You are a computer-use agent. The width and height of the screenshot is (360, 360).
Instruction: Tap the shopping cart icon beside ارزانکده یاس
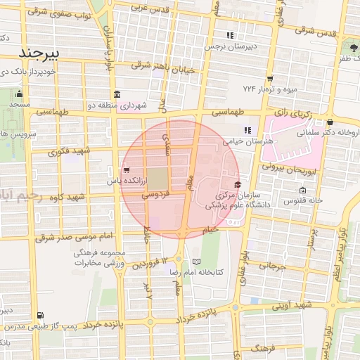pyautogui.click(x=126, y=169)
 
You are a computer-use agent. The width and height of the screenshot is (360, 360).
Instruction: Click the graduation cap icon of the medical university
pyautogui.click(x=237, y=184)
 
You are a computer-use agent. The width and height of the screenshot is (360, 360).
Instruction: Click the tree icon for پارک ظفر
pyautogui.click(x=352, y=48)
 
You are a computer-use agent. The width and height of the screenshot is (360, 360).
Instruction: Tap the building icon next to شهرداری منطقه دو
pyautogui.click(x=116, y=94)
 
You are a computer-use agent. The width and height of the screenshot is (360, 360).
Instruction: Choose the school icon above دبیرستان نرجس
pyautogui.click(x=229, y=35)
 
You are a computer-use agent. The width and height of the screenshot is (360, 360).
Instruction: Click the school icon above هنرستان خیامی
pyautogui.click(x=247, y=130)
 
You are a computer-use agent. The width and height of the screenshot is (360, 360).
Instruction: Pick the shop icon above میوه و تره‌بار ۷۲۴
pyautogui.click(x=270, y=79)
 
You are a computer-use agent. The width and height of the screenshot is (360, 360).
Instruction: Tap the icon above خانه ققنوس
pyautogui.click(x=302, y=191)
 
